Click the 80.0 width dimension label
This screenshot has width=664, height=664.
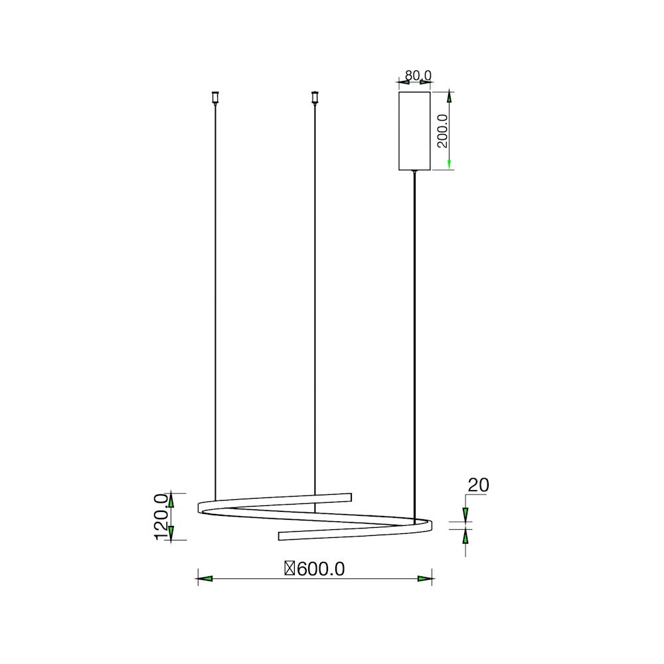click(418, 75)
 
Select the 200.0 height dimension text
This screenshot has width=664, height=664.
click(443, 130)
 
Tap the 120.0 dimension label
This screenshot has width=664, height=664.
click(161, 517)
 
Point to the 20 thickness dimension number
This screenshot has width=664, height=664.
click(478, 485)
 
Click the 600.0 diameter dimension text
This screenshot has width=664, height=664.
click(321, 569)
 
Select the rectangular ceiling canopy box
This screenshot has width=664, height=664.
click(414, 131)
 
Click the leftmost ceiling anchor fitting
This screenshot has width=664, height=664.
click(215, 98)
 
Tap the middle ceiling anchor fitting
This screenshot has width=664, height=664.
click(315, 98)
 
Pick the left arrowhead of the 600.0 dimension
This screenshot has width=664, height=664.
click(205, 579)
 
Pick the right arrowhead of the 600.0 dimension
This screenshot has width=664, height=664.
click(425, 579)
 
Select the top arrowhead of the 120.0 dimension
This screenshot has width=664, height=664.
click(171, 500)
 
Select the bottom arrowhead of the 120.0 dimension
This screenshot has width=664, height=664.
click(171, 532)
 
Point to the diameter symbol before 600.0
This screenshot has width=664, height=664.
click(290, 569)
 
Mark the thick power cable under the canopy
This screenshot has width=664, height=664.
click(415, 332)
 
